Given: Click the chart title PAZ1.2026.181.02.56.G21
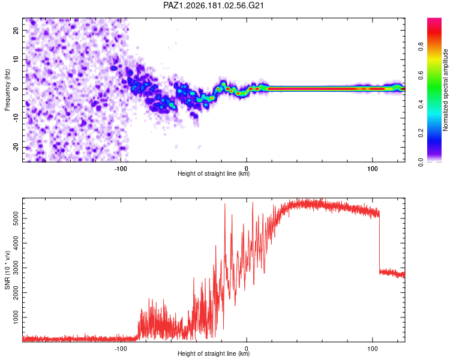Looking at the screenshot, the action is pos(213,5).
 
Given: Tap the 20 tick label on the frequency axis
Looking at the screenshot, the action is pos(16,30).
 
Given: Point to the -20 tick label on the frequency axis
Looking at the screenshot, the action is pos(16,148).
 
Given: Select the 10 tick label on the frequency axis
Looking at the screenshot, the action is pos(16,59).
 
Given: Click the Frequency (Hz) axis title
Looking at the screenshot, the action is pos(7,90).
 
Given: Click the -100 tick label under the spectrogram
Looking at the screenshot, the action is pos(121,169).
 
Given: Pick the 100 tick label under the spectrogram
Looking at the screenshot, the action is pos(372,169).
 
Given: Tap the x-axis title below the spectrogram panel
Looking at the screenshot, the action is pos(214,173).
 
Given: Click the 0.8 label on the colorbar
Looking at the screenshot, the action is pos(421,46).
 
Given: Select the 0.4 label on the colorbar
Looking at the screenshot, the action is pos(421,104).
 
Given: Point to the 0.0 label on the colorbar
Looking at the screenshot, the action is pos(421,162).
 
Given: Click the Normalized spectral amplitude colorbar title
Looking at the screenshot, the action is pos(445,90).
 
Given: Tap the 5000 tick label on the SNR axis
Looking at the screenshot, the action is pos(16,218).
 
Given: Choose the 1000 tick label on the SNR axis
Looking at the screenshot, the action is pos(16,317).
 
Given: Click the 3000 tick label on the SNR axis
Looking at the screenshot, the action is pos(16,268).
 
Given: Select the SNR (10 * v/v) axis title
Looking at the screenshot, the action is pos(7,270).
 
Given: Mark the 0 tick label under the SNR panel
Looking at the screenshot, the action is pos(246,349).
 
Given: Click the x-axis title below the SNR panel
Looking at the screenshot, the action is pos(214,353).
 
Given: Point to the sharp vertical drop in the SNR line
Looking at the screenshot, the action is pos(379,242).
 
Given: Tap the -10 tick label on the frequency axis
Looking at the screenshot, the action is pos(16,118).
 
